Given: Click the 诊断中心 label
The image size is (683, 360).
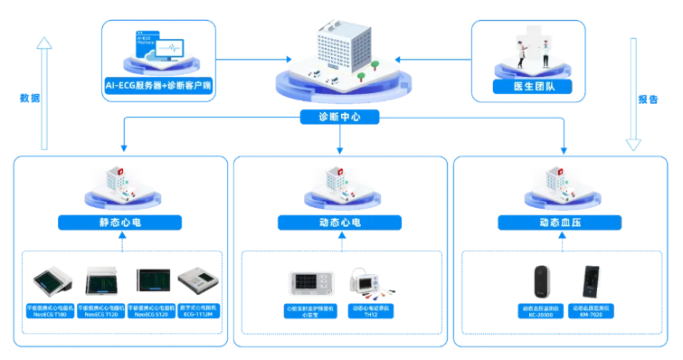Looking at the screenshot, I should tap(340, 117).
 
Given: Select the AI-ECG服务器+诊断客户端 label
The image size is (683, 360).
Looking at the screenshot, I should tap(158, 86).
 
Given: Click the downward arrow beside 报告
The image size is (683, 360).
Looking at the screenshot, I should tap(633, 90).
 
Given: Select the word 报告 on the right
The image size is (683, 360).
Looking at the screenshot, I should tap(648, 99).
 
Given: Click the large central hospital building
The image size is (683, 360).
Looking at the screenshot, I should tap(340, 54).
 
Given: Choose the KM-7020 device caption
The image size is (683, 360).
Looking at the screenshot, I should tap(592, 312).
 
